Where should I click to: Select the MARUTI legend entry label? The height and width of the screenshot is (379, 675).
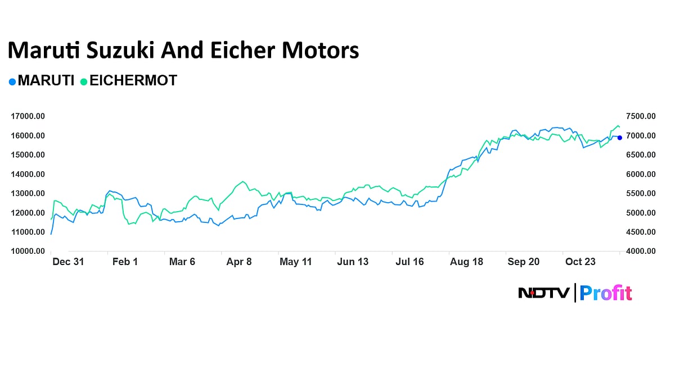click(46, 81)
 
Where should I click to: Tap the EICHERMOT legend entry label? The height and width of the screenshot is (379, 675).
click(133, 81)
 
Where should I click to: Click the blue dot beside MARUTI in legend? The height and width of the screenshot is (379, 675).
click(12, 82)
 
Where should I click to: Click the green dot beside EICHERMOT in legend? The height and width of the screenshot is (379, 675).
click(84, 82)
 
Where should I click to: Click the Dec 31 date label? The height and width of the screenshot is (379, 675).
click(67, 262)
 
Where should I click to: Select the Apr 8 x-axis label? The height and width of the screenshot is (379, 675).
click(239, 262)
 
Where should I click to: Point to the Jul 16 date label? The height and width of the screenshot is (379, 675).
click(409, 262)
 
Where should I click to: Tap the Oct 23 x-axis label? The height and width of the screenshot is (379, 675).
click(581, 262)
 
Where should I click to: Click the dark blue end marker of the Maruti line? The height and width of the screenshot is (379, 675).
click(619, 138)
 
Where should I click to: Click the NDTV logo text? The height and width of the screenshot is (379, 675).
click(543, 293)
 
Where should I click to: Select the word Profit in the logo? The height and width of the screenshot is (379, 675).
click(606, 293)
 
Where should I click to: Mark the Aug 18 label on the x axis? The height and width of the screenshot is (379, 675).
click(467, 262)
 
